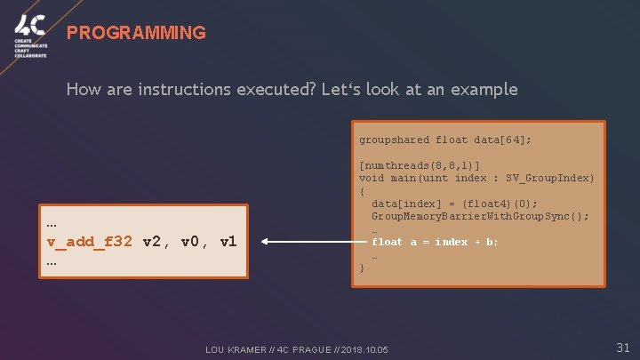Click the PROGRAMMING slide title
pos(136,33)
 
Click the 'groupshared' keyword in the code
pos(394,140)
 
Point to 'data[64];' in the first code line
pos(504,140)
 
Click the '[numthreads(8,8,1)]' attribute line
pos(419,166)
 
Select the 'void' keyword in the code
pos(372,179)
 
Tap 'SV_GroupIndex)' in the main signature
pos(550,179)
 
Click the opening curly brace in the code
pos(362,191)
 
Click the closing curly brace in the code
pos(362,268)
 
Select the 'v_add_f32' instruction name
pos(91,242)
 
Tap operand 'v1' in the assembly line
pos(228,242)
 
